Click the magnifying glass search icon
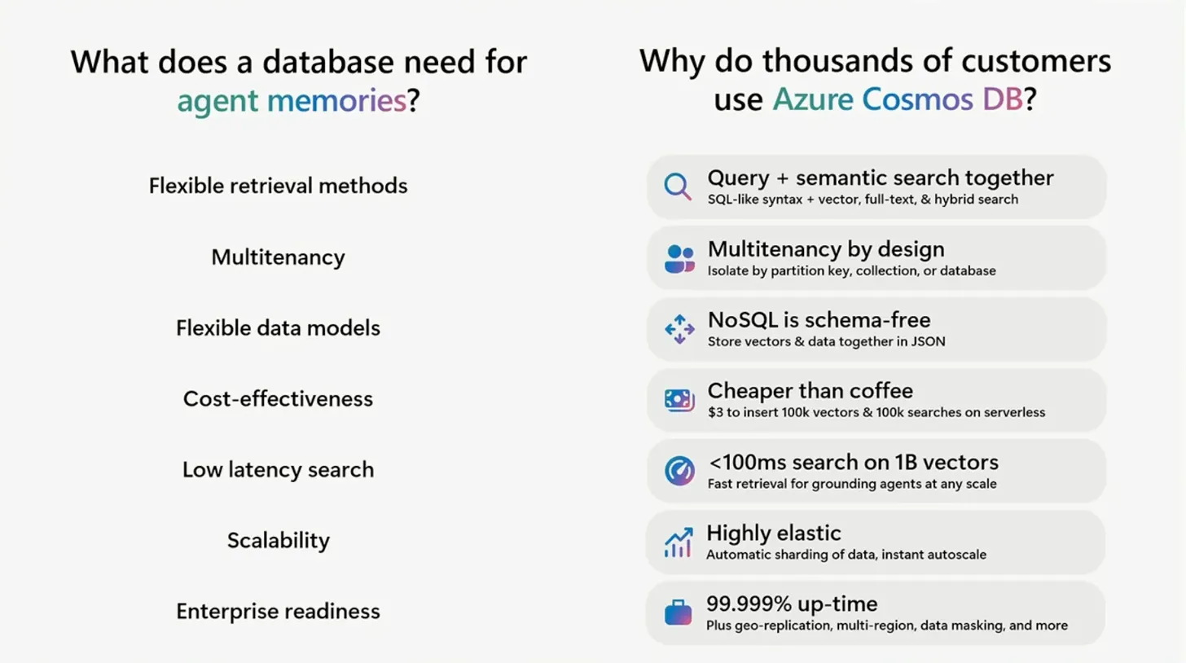pyautogui.click(x=677, y=186)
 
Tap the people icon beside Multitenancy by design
pyautogui.click(x=679, y=258)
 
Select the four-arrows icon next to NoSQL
pyautogui.click(x=679, y=329)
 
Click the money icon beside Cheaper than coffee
pyautogui.click(x=679, y=400)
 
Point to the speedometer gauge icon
pyautogui.click(x=679, y=470)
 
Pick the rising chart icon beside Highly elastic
pyautogui.click(x=679, y=542)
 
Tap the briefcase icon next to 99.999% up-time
pyautogui.click(x=679, y=613)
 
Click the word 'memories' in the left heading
pyautogui.click(x=336, y=100)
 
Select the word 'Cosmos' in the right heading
pyautogui.click(x=917, y=99)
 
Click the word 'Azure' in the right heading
pyautogui.click(x=813, y=99)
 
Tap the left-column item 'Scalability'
pyautogui.click(x=279, y=541)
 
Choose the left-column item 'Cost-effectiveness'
pyautogui.click(x=278, y=399)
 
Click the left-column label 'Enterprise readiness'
pyautogui.click(x=278, y=612)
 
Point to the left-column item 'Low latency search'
pyautogui.click(x=278, y=470)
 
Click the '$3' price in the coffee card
pyautogui.click(x=715, y=412)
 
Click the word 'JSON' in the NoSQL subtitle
pyautogui.click(x=928, y=341)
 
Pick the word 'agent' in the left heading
pyautogui.click(x=217, y=102)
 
